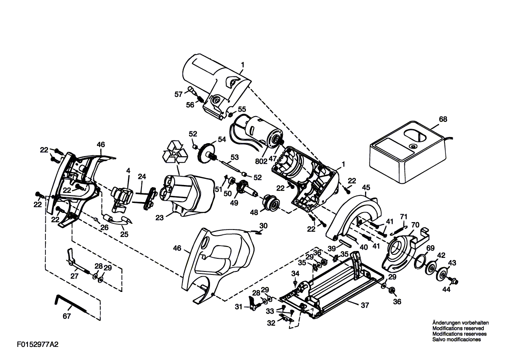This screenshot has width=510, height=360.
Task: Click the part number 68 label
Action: point(443,119)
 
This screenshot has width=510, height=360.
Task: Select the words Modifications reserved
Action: point(458,329)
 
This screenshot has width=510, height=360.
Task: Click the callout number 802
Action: point(261,161)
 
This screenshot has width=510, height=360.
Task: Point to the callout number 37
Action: point(365,305)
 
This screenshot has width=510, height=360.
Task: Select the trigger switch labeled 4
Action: point(122,196)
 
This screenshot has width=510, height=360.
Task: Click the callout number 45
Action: point(366,188)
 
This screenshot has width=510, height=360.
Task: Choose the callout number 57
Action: point(179,94)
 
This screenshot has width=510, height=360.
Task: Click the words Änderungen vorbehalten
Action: point(461,323)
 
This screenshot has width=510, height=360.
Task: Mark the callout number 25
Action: point(124,234)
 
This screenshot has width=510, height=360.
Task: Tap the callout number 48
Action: point(254,213)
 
